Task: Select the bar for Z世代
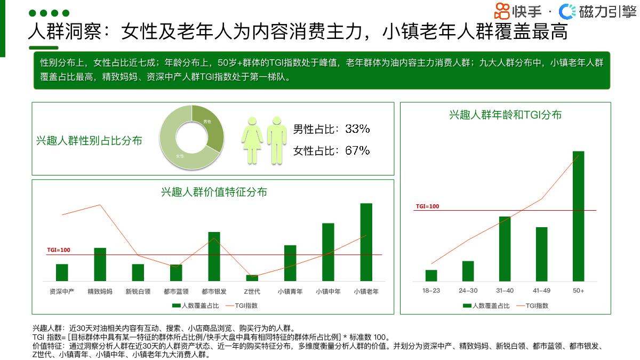pyautogui.click(x=252, y=278)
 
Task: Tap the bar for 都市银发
pyautogui.click(x=214, y=256)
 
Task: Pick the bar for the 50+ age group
pyautogui.click(x=578, y=215)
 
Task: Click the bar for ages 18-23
pyautogui.click(x=431, y=275)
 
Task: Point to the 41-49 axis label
pyautogui.click(x=541, y=291)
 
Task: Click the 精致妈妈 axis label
pyautogui.click(x=100, y=292)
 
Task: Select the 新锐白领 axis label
pyautogui.click(x=138, y=292)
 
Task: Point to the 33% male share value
pyautogui.click(x=357, y=129)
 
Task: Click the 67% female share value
pyautogui.click(x=357, y=150)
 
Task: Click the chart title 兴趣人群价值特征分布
pyautogui.click(x=214, y=192)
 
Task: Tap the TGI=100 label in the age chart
pyautogui.click(x=427, y=206)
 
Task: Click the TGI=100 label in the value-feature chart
pyautogui.click(x=59, y=250)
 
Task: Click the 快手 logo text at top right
pyautogui.click(x=526, y=11)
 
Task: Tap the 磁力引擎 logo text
pyautogui.click(x=607, y=11)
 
